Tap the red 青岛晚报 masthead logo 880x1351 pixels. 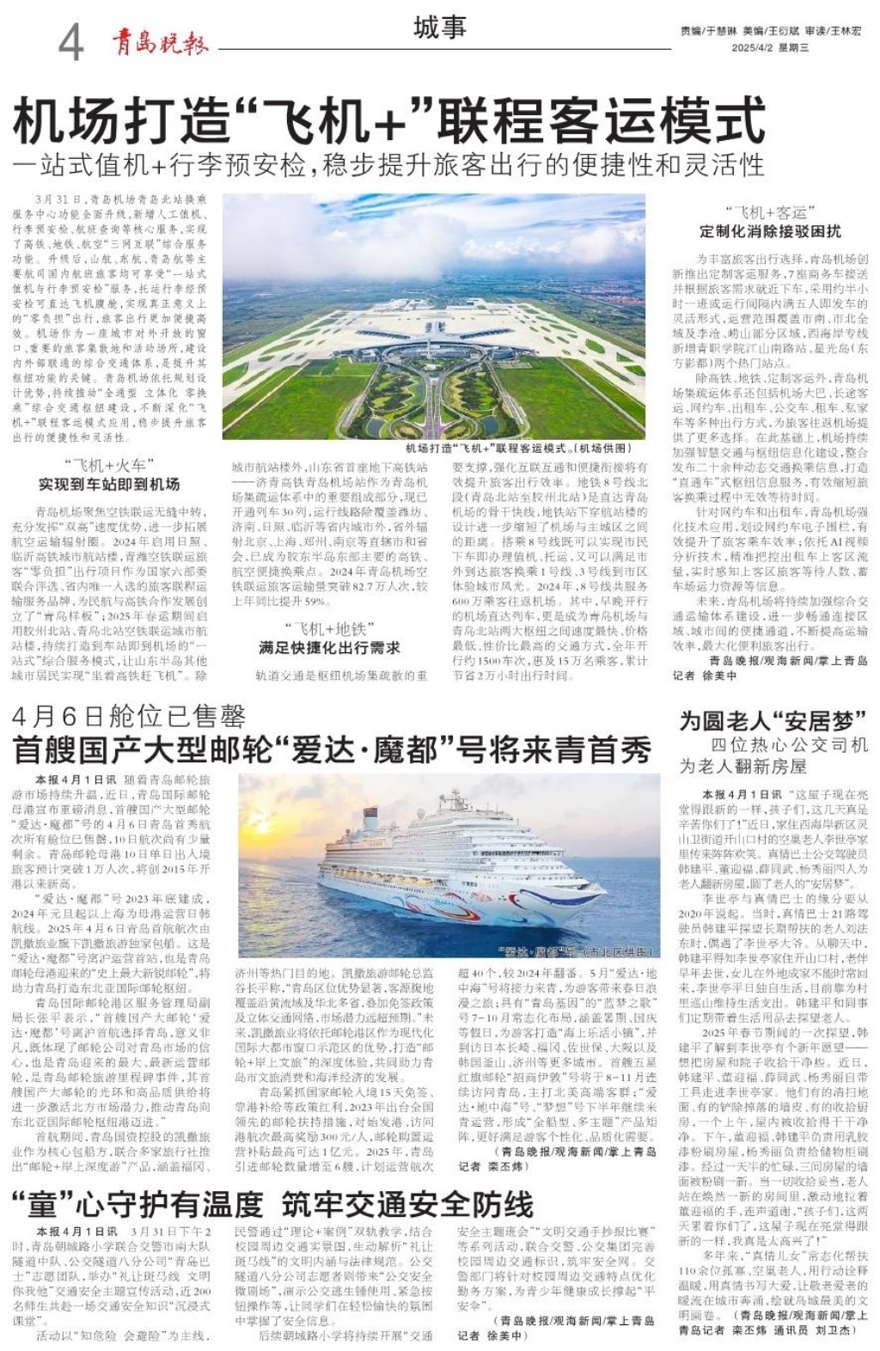160,41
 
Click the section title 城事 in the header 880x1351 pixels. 439,28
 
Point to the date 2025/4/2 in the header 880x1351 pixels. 754,48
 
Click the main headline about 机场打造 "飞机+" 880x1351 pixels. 388,120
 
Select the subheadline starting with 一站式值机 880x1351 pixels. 388,164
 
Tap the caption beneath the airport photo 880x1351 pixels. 518,449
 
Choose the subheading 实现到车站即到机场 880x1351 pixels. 108,485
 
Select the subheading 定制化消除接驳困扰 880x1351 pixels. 770,231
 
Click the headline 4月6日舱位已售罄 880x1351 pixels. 129,716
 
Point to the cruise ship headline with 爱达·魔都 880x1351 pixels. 332,750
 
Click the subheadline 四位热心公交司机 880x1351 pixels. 789,744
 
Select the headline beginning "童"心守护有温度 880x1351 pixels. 137,1205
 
